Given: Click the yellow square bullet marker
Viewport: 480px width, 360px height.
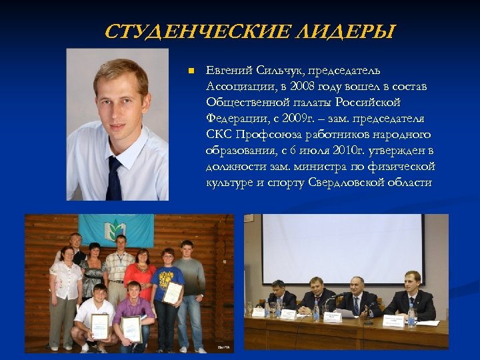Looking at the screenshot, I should coord(190,71).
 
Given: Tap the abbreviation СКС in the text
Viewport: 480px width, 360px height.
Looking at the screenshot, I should coord(219,135).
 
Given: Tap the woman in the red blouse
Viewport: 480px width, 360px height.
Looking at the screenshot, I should coord(141,273).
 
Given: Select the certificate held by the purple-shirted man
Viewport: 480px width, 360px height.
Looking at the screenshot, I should coord(131,328).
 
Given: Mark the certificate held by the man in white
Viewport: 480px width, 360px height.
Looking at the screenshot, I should coord(100,327).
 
